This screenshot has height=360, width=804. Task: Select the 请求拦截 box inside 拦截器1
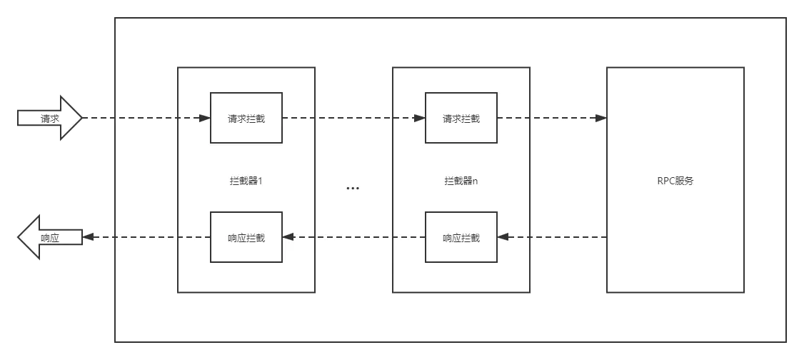coord(246,118)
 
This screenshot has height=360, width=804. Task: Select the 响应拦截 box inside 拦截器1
coord(246,237)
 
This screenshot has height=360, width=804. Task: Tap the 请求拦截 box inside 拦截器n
coord(461,118)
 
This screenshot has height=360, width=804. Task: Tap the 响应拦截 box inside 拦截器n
coord(461,237)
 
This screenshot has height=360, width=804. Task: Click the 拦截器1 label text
coord(246,181)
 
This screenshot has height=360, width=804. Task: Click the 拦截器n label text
coord(461,181)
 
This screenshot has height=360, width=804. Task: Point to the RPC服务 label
coord(675,181)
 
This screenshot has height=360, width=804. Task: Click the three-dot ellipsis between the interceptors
coord(353,189)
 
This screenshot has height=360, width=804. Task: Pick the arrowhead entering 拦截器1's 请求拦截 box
coord(205,118)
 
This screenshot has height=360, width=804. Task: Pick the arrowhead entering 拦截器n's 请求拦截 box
coord(420,118)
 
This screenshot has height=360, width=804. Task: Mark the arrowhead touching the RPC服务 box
coord(602,118)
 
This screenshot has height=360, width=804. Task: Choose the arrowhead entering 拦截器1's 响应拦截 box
coord(288,237)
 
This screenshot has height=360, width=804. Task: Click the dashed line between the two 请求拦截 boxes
coord(350,118)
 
